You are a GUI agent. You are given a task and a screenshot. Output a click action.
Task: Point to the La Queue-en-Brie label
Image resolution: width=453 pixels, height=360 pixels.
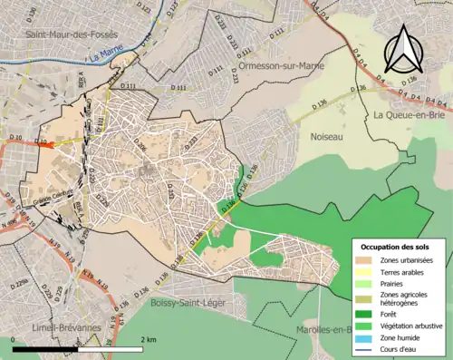(410, 115)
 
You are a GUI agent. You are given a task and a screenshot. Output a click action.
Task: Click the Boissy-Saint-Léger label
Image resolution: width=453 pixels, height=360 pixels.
(193, 301)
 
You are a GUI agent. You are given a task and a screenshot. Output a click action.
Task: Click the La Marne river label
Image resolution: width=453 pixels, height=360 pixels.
(105, 56)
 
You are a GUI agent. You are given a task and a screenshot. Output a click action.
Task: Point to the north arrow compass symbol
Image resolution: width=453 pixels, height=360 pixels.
(400, 47)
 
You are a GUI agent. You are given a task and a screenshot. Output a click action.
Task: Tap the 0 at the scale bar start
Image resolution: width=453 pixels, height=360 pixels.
(14, 338)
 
